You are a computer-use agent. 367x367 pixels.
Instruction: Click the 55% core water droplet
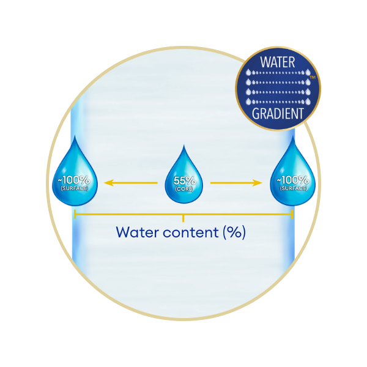click(183, 178)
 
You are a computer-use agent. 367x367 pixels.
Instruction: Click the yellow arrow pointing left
click(131, 183)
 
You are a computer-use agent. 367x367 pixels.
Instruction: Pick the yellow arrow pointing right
click(236, 183)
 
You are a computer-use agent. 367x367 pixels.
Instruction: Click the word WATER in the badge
click(278, 62)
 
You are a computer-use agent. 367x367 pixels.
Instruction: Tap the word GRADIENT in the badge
click(278, 114)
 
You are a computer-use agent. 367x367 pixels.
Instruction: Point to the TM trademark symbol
click(313, 77)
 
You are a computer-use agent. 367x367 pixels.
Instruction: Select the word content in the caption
click(191, 232)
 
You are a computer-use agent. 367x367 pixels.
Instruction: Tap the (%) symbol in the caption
click(234, 232)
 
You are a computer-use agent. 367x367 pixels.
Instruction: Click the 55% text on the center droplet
click(185, 180)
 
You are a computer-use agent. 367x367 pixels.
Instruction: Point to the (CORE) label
click(184, 189)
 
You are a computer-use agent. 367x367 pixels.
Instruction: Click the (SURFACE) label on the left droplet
click(75, 188)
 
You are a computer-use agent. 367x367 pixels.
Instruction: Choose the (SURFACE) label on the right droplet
click(294, 188)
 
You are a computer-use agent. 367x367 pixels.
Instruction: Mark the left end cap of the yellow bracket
click(75, 215)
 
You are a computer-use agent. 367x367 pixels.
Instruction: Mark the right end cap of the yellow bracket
click(292, 215)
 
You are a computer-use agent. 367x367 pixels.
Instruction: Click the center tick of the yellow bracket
click(183, 218)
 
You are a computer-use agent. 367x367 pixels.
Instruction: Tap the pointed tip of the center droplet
click(183, 145)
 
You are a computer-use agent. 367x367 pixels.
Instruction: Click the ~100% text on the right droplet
click(293, 180)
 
